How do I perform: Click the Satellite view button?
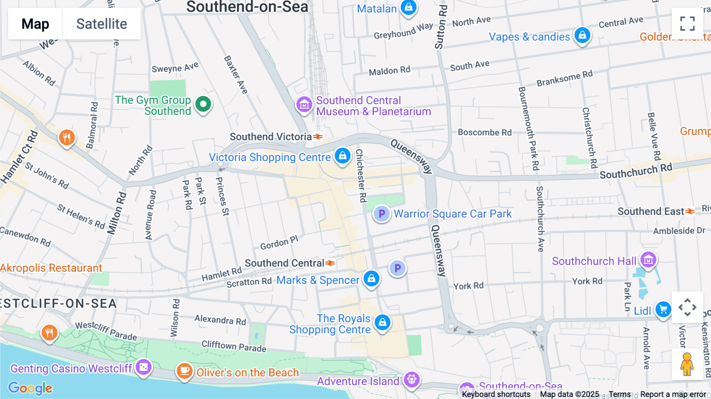click(x=102, y=24)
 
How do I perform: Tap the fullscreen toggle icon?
click(x=687, y=24)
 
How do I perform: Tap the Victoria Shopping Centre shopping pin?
click(x=342, y=156)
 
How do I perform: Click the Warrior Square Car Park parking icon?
click(x=382, y=214)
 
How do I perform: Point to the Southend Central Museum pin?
click(x=304, y=105)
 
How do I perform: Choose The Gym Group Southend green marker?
click(x=203, y=104)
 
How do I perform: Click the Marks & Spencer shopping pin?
click(x=371, y=279)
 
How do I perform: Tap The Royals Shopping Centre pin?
click(x=382, y=322)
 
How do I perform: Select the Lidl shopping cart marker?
click(x=663, y=309)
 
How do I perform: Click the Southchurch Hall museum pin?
click(x=648, y=260)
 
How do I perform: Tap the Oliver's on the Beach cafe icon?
click(x=184, y=371)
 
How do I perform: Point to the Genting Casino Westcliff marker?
click(x=143, y=367)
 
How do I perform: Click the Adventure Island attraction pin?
click(x=412, y=380)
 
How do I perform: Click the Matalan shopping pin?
click(x=408, y=7)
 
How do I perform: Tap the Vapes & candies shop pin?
click(x=582, y=36)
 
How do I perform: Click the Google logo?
click(x=30, y=388)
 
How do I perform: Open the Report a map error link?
click(x=673, y=394)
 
